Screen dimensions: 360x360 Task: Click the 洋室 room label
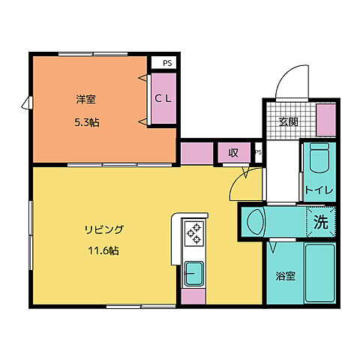pyautogui.click(x=84, y=98)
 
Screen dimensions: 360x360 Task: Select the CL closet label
pyautogui.click(x=163, y=98)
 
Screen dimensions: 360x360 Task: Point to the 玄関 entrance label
pyautogui.click(x=288, y=121)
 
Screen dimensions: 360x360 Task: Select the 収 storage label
pyautogui.click(x=233, y=152)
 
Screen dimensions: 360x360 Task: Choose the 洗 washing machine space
pyautogui.click(x=321, y=221)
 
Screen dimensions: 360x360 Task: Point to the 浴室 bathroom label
pyautogui.click(x=284, y=275)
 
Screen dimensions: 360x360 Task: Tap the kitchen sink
pyautogui.click(x=194, y=273)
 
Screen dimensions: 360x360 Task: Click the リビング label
pyautogui.click(x=103, y=230)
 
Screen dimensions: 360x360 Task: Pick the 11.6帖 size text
pyautogui.click(x=103, y=251)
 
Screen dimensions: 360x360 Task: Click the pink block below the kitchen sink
pyautogui.click(x=194, y=296)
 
